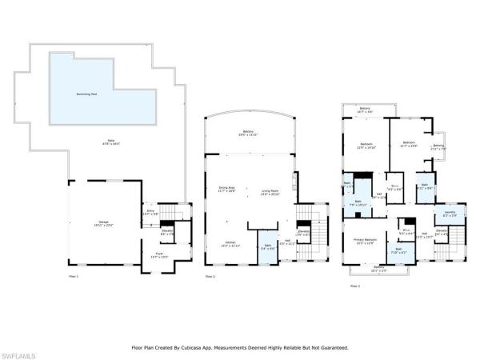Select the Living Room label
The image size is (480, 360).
270,190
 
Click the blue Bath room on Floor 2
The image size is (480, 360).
266,246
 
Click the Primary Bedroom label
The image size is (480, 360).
365,242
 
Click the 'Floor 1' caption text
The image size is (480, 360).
74,276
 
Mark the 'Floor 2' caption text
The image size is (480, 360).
210,276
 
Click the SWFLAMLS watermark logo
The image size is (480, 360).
17,352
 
